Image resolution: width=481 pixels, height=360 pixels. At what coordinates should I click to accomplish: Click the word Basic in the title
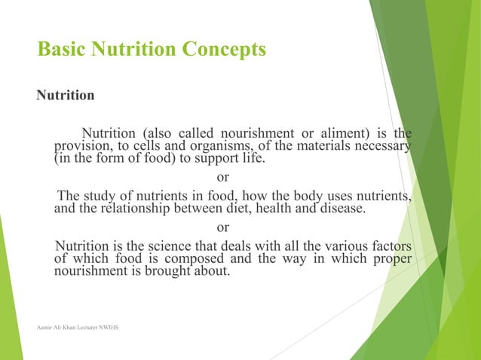[x=61, y=50]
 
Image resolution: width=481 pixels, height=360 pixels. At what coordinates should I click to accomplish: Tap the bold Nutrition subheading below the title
[x=66, y=96]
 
